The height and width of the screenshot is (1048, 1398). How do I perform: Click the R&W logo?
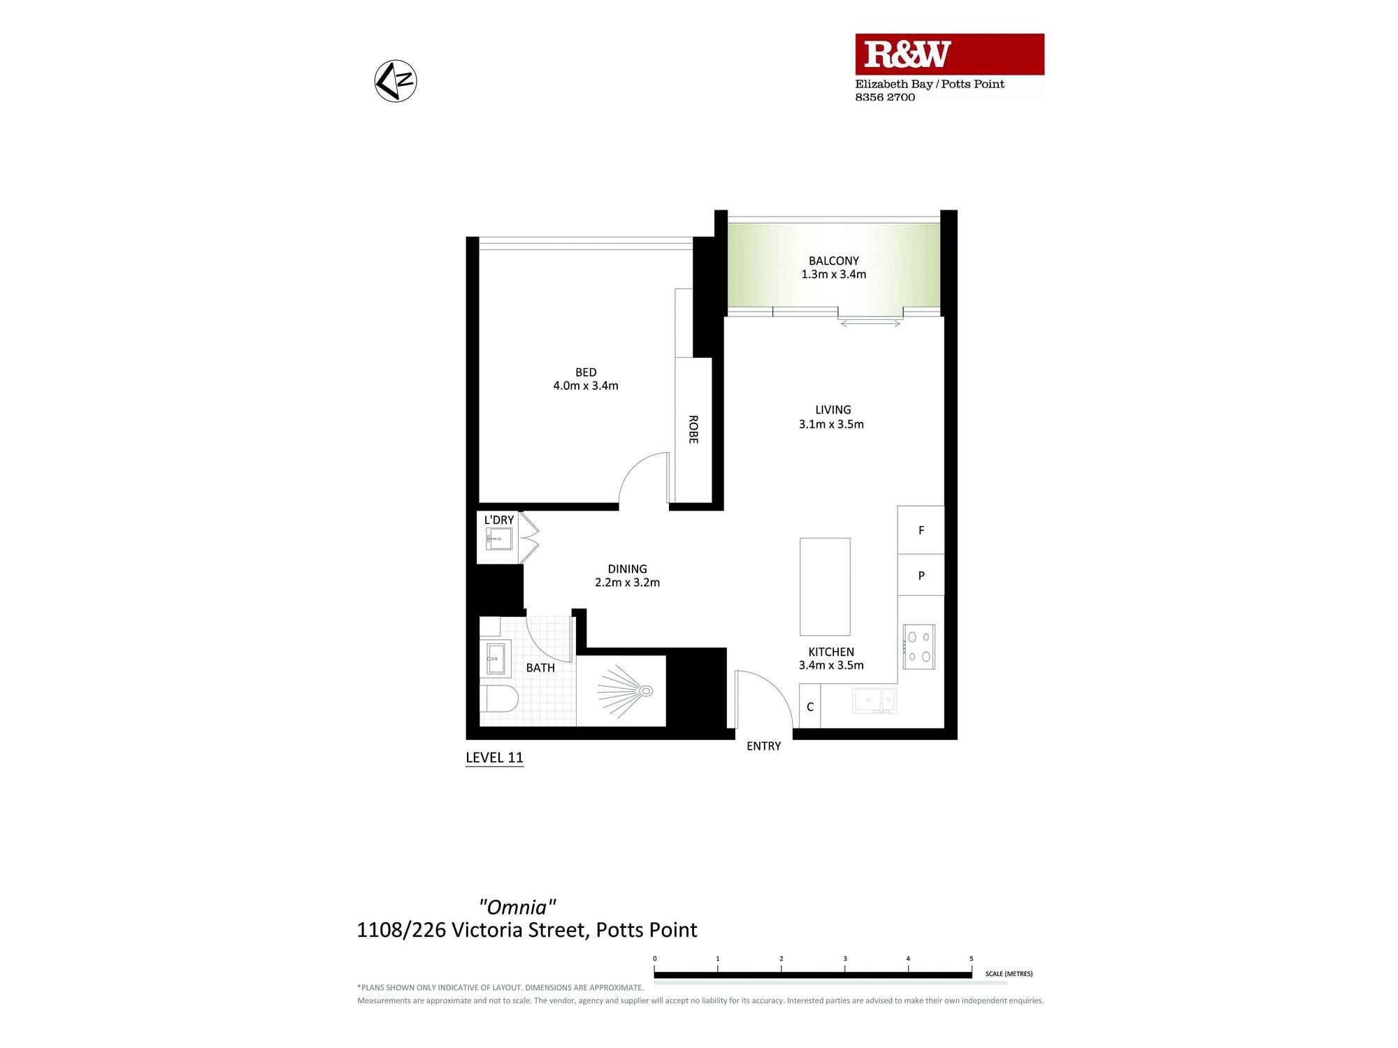(x=907, y=54)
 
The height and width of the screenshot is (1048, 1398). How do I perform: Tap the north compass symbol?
(x=396, y=81)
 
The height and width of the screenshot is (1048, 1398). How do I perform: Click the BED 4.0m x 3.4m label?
(x=586, y=379)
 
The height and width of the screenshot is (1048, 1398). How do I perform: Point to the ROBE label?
(x=693, y=429)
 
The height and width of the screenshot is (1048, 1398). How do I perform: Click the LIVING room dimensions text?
(x=831, y=424)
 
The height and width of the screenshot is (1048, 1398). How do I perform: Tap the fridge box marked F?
(x=921, y=530)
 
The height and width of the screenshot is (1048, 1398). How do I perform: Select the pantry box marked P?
(x=921, y=576)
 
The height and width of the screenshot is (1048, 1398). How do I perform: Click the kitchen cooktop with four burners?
(x=918, y=646)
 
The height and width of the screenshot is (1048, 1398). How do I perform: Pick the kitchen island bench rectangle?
(x=825, y=586)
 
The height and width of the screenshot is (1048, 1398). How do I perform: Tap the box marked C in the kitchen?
(x=810, y=707)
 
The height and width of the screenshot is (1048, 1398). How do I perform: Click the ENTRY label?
(x=763, y=746)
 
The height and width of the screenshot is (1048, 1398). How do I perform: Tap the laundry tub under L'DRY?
(x=499, y=539)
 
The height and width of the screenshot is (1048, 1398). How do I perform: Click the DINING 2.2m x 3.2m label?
(x=627, y=576)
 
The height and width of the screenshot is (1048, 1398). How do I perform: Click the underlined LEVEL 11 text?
(x=494, y=757)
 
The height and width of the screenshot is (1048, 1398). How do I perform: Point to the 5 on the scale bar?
(x=971, y=959)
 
